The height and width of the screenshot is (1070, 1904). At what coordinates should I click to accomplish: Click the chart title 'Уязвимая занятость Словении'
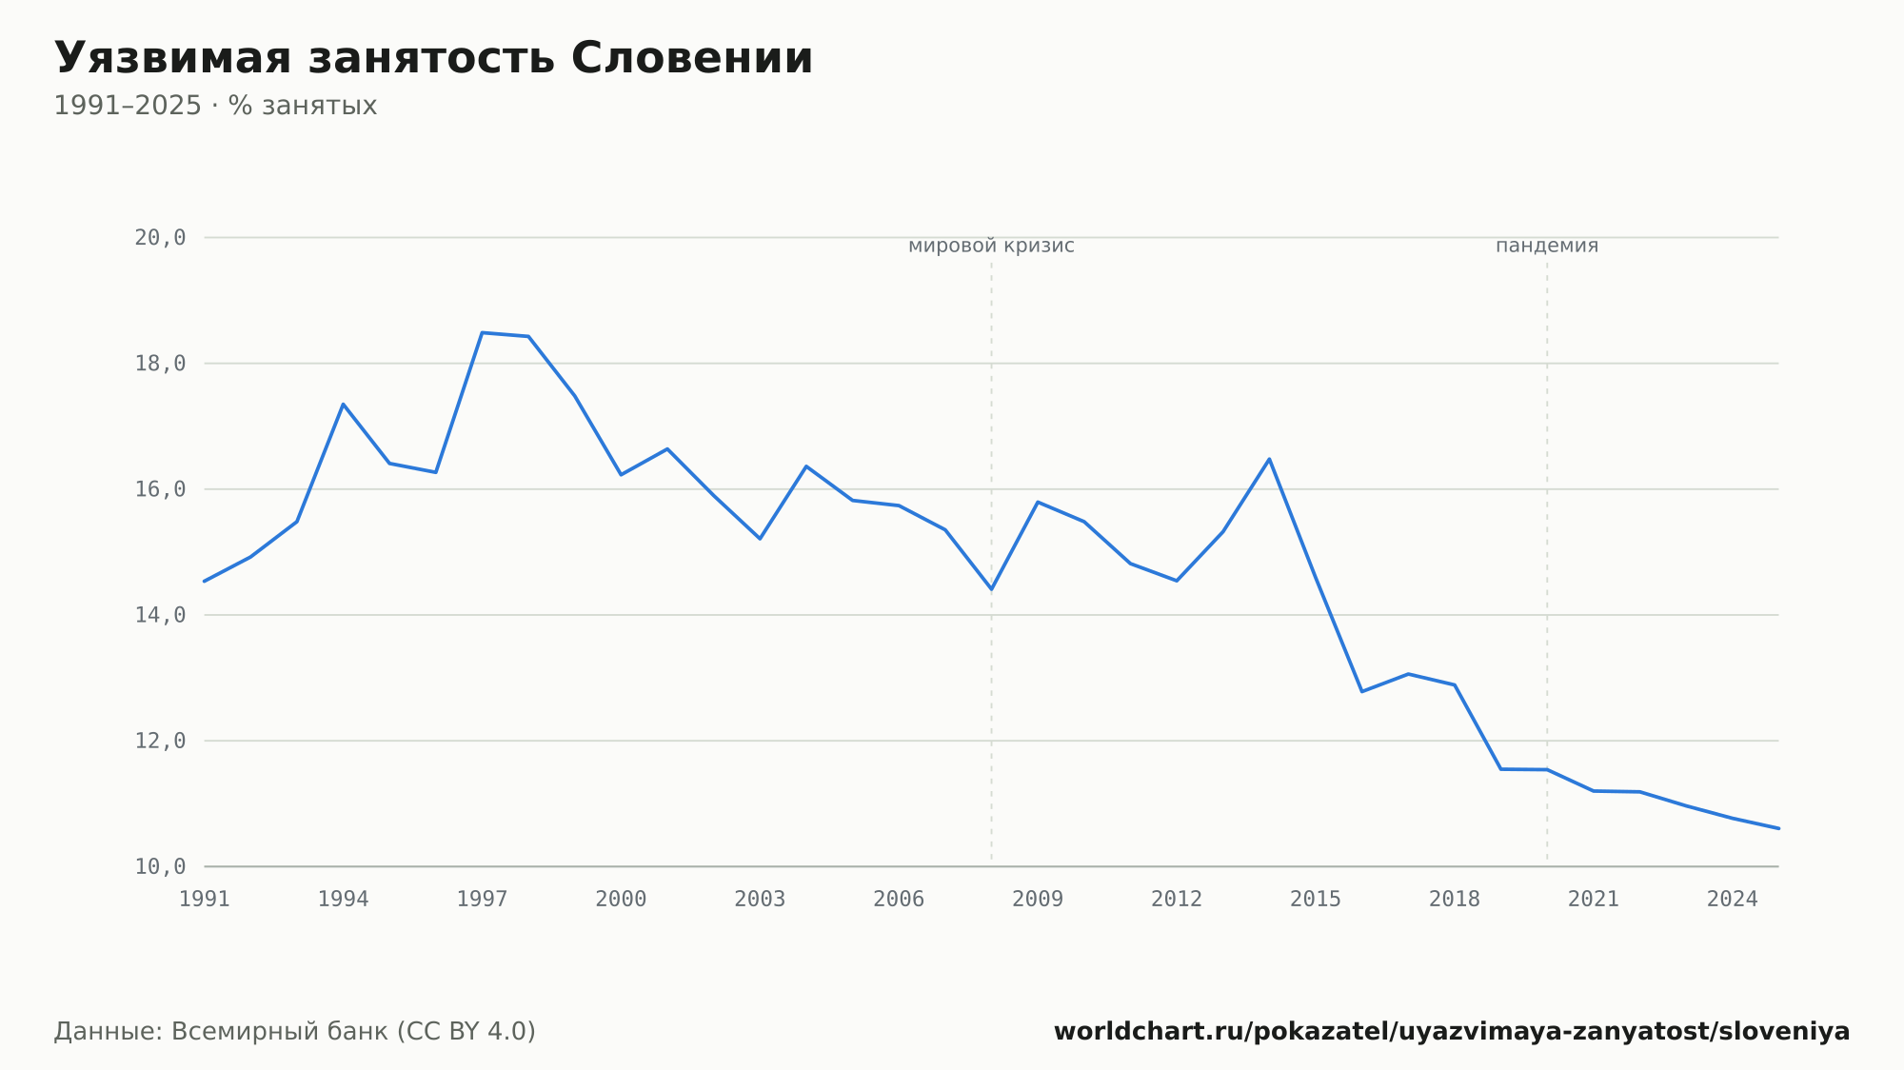433,59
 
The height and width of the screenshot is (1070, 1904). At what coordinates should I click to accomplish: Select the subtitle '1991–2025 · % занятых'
215,106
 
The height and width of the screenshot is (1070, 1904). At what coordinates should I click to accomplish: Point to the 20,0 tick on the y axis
160,238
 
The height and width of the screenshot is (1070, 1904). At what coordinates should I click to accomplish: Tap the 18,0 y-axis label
160,364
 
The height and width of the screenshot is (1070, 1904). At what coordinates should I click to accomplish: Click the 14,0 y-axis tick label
160,615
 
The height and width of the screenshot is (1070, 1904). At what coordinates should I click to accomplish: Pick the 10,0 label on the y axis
160,866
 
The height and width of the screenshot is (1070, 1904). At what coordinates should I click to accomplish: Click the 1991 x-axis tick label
205,900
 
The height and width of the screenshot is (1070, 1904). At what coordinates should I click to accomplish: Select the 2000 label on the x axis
621,900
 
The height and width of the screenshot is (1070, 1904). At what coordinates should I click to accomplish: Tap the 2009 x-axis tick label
1038,900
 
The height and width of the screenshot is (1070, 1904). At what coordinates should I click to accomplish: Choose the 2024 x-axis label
1733,900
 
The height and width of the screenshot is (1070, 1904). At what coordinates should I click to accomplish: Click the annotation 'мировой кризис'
991,247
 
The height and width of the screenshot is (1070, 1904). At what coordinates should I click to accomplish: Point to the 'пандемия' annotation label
1547,247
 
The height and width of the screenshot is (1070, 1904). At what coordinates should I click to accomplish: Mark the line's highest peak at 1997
483,332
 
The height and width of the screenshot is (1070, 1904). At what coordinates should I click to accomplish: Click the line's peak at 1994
344,405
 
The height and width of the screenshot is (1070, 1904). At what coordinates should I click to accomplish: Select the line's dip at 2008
991,589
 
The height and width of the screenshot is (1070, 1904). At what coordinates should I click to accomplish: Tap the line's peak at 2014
1269,459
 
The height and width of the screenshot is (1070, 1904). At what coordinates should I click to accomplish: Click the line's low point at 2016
1362,691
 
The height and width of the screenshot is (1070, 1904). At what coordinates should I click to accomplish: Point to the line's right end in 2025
1778,828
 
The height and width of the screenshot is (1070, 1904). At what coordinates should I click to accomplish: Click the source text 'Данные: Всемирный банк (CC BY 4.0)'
295,1032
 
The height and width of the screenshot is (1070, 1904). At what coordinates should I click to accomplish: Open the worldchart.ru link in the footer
1452,1032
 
